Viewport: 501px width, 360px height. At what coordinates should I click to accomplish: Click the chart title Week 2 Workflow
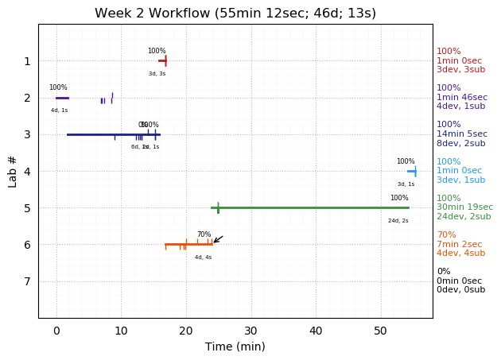(235, 14)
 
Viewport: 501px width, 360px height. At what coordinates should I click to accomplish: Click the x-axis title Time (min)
(235, 346)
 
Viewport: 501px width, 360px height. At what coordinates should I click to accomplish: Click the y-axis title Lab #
(13, 171)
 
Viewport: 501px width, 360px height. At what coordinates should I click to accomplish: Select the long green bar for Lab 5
(310, 207)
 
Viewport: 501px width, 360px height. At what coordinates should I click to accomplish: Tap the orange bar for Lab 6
(188, 244)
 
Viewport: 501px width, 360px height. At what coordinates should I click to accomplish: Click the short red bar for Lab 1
(162, 60)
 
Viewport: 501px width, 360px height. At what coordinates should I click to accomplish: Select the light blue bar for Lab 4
(411, 171)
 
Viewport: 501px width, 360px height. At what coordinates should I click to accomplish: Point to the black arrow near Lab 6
(218, 239)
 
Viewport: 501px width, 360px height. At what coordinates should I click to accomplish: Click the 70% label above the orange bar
(204, 234)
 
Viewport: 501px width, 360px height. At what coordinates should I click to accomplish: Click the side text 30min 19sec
(464, 207)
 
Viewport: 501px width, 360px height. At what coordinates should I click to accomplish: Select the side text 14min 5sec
(462, 134)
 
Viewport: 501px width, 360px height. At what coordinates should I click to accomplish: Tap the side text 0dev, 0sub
(460, 290)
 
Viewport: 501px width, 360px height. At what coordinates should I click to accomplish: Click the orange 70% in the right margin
(446, 235)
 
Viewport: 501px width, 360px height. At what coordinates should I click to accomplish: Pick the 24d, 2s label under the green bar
(398, 220)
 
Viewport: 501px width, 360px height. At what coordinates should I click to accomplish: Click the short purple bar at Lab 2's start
(62, 98)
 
